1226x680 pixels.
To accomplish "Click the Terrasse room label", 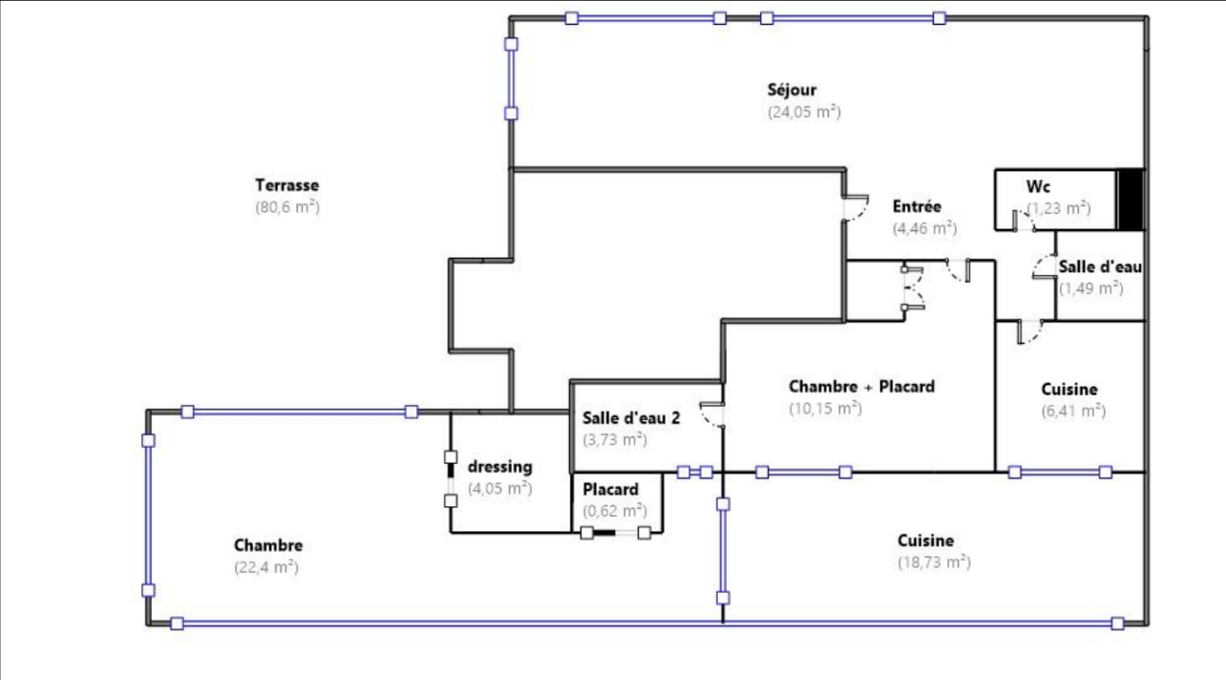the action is click(286, 185).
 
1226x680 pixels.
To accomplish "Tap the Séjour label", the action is click(792, 90).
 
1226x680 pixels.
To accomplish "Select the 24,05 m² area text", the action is click(804, 112).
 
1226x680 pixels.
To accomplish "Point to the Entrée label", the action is click(917, 206).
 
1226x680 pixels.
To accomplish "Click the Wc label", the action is click(1038, 186).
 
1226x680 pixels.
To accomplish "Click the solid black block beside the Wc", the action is click(1131, 200).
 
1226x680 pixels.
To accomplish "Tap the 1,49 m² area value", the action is click(1090, 288).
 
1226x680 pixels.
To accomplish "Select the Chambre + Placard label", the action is click(861, 387).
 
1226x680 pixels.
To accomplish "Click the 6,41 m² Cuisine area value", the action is click(1073, 411).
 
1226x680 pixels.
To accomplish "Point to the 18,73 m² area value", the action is click(934, 563).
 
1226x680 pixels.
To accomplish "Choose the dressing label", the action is click(499, 467).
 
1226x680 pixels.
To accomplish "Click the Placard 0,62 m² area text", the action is click(615, 511).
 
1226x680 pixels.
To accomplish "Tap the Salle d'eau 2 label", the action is click(631, 418).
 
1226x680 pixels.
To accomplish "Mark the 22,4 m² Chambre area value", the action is click(266, 566).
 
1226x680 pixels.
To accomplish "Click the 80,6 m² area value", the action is click(287, 207).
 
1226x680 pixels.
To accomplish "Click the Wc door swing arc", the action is click(1025, 218).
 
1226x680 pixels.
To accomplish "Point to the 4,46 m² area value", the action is click(925, 228).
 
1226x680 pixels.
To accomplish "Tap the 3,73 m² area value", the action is click(615, 439).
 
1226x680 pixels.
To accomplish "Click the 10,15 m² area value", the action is click(825, 409).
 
